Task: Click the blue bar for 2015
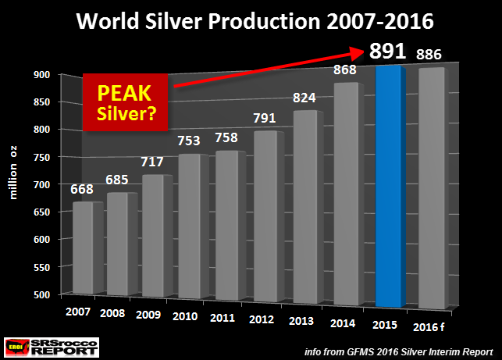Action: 390,187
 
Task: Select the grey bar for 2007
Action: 87,250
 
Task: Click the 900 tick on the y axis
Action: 42,74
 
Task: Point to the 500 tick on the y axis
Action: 42,294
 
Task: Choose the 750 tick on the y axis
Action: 42,157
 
